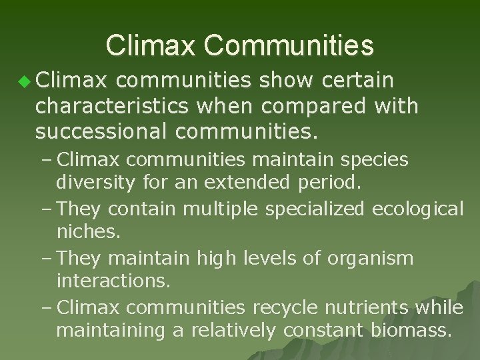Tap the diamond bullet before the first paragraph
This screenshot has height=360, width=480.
pyautogui.click(x=25, y=82)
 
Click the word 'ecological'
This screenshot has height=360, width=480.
pyautogui.click(x=417, y=209)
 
